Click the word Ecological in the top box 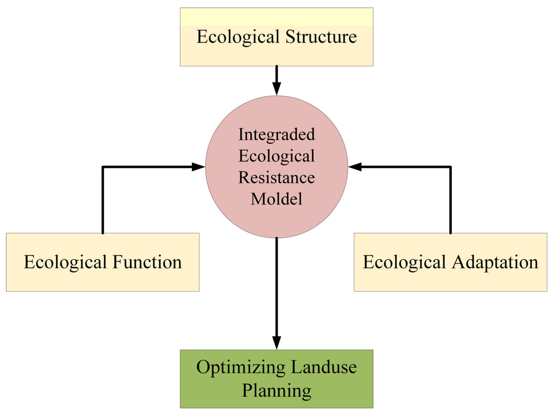238,37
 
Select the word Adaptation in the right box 495,262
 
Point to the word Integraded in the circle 276,134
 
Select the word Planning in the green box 276,391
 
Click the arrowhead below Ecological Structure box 276,88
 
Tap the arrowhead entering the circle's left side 198,167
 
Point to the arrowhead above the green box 276,342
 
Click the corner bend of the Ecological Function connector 103,167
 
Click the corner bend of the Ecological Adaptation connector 450,167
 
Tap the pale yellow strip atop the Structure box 276,17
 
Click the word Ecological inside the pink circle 276,156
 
